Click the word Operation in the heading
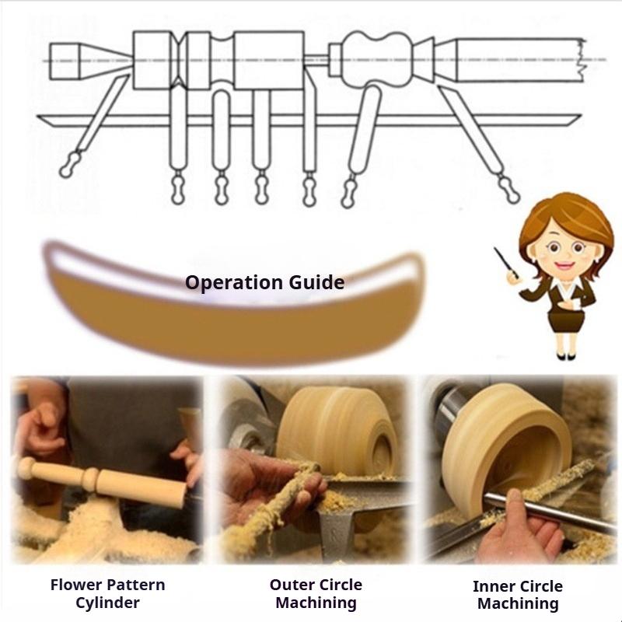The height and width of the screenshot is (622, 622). point(234,283)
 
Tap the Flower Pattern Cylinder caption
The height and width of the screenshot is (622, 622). point(107,593)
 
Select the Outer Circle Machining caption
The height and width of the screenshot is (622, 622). point(316,593)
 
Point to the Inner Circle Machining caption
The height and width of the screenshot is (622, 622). point(518,595)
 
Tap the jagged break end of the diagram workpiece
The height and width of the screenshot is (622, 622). point(581,60)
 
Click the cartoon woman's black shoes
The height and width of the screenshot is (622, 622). point(566,356)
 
